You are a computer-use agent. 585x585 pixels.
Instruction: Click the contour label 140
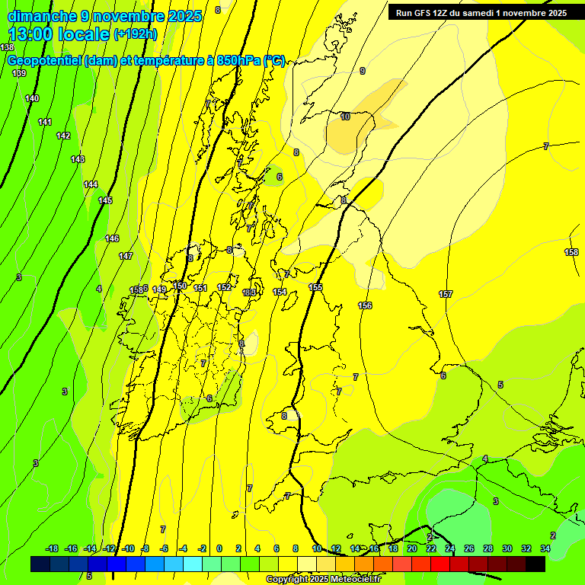pos(32,98)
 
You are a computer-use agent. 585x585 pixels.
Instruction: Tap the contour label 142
pos(63,136)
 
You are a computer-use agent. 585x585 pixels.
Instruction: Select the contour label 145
pos(105,200)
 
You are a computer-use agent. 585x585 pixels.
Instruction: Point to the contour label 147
pos(126,256)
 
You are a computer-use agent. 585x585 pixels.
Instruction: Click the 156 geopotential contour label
pos(365,305)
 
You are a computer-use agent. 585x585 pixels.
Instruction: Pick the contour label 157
pos(446,294)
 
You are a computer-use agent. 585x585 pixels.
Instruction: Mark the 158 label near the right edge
pos(571,252)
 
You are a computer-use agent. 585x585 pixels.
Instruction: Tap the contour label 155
pos(315,287)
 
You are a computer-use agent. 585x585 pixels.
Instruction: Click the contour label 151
pos(200,288)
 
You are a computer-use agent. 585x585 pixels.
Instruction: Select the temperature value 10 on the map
pos(345,117)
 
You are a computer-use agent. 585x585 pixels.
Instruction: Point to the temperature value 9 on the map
pos(362,71)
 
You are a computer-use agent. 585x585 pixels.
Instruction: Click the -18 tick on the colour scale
pos(53,548)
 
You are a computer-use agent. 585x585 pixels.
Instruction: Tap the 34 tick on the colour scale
pos(545,548)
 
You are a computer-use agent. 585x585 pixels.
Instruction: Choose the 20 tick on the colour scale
pos(411,548)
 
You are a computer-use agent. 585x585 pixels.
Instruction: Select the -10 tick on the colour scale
pos(129,548)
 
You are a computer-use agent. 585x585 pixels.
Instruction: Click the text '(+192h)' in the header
pos(135,34)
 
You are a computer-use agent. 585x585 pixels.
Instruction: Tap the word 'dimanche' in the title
pos(40,16)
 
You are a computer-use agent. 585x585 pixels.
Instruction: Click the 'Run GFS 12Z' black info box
pos(481,13)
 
